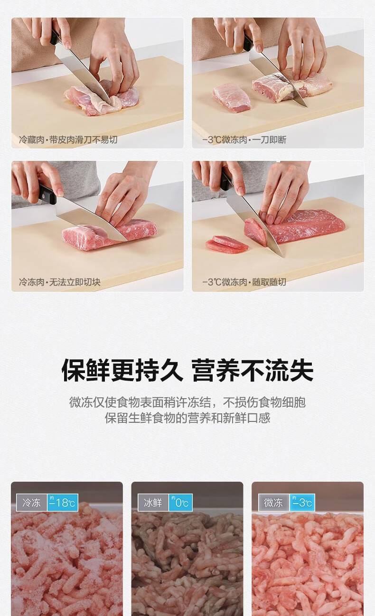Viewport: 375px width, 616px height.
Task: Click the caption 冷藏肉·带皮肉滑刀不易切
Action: tap(68, 140)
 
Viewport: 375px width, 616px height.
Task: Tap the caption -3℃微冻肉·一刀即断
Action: tap(244, 140)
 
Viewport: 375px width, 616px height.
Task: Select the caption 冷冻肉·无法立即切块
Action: tap(60, 282)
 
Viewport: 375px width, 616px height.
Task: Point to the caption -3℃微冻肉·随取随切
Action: tap(244, 282)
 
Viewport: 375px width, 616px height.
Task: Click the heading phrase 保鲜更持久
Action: tap(122, 370)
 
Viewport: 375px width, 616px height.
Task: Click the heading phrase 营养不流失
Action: tap(253, 370)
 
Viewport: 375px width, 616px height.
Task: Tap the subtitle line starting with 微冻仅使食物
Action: tap(187, 402)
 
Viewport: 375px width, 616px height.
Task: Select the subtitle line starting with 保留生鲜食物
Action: tap(187, 418)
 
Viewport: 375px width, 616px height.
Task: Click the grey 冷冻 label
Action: tap(31, 503)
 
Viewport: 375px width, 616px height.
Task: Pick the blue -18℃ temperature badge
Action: tap(63, 503)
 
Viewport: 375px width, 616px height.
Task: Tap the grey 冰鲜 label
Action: tap(153, 503)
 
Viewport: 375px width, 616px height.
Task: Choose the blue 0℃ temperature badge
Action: tap(180, 503)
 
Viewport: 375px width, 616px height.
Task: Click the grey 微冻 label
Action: tap(273, 503)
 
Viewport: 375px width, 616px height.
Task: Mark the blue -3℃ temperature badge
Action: tap(302, 503)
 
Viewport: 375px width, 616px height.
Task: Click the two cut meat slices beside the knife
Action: tap(227, 244)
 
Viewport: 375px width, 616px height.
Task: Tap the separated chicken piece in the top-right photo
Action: tap(231, 97)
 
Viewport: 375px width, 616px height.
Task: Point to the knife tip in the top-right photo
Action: tap(306, 106)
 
